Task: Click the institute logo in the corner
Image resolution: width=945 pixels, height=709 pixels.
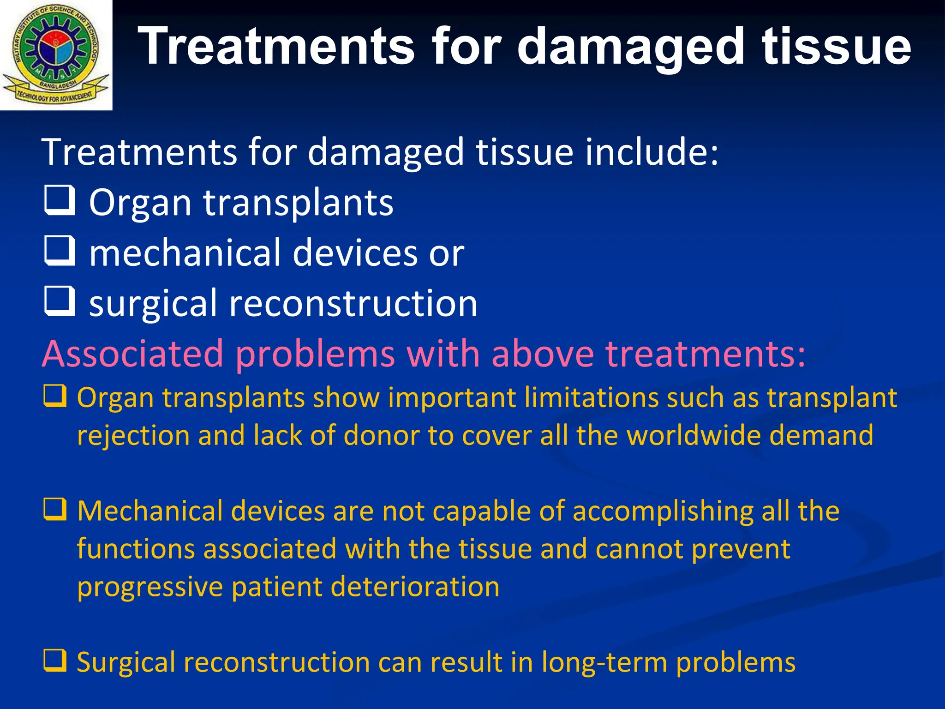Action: click(x=55, y=54)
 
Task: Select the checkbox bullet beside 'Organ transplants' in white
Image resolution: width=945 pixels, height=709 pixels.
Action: click(x=60, y=200)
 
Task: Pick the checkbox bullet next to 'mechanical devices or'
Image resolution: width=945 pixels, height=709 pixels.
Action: click(x=60, y=251)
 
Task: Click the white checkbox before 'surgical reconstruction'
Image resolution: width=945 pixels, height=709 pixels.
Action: click(x=60, y=301)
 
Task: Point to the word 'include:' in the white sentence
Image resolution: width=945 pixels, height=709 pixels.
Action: click(x=652, y=152)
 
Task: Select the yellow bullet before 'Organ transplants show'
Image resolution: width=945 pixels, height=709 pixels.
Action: click(x=55, y=396)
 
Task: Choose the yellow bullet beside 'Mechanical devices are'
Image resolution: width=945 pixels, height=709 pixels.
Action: click(x=55, y=510)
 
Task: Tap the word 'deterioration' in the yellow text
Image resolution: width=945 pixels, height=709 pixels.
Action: click(x=415, y=587)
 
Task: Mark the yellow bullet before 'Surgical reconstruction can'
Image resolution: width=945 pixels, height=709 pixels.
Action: click(x=55, y=660)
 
